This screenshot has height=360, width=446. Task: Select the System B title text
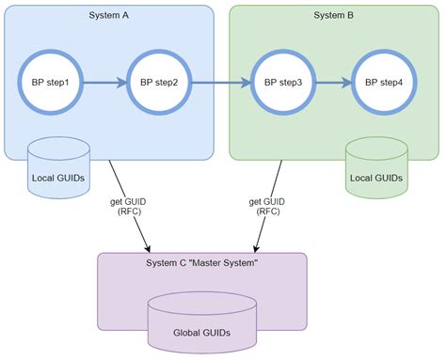[x=335, y=14]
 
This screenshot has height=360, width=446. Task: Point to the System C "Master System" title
[x=202, y=263]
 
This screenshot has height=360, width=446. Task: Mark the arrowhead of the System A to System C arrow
[x=147, y=247]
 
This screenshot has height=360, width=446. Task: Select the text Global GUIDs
[x=202, y=333]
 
